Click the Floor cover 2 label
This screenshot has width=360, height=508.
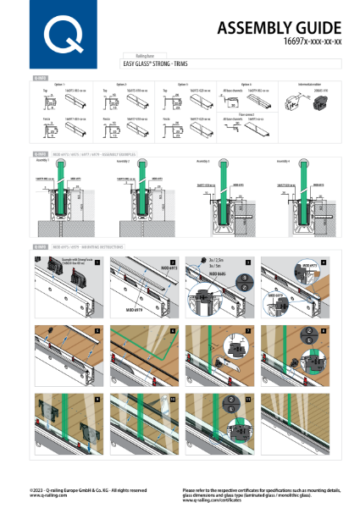246,113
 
